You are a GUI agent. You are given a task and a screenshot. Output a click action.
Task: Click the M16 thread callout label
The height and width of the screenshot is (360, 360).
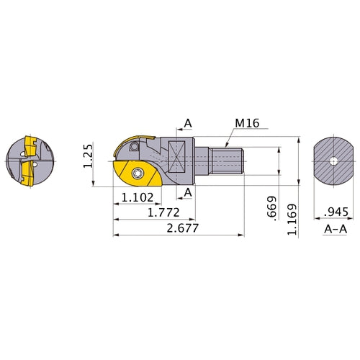(247, 123)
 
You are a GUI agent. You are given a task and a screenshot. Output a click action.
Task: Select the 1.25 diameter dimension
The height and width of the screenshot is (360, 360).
(88, 156)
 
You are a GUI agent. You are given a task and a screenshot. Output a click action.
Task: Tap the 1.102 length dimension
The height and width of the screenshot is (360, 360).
(138, 197)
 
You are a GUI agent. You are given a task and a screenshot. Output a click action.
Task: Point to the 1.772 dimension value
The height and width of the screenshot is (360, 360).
(163, 212)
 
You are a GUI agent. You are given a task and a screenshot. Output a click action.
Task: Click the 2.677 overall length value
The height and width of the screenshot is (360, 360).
(183, 228)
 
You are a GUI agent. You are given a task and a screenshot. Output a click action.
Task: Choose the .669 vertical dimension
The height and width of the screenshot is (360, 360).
(272, 207)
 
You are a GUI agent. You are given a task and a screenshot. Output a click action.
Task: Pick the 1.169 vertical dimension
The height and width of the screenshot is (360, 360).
(292, 220)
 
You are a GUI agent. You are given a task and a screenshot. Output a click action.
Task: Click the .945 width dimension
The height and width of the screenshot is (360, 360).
(336, 212)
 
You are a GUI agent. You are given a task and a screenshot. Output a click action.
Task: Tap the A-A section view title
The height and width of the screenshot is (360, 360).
(336, 229)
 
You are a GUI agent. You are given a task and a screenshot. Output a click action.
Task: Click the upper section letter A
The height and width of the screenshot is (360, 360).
(188, 123)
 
